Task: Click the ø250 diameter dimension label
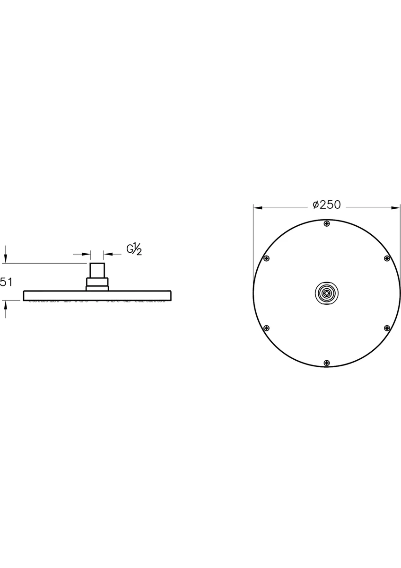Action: pyautogui.click(x=327, y=205)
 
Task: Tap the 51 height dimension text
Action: pyautogui.click(x=6, y=282)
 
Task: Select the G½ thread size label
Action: pyautogui.click(x=134, y=249)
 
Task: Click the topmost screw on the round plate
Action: pyautogui.click(x=327, y=223)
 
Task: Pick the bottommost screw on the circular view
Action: pyautogui.click(x=327, y=363)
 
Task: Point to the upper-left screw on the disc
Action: pyautogui.click(x=267, y=258)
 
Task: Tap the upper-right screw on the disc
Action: pyautogui.click(x=387, y=258)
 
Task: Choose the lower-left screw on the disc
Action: pyautogui.click(x=267, y=328)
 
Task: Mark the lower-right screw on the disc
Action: pyautogui.click(x=387, y=328)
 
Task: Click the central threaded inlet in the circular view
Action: pyautogui.click(x=327, y=293)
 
